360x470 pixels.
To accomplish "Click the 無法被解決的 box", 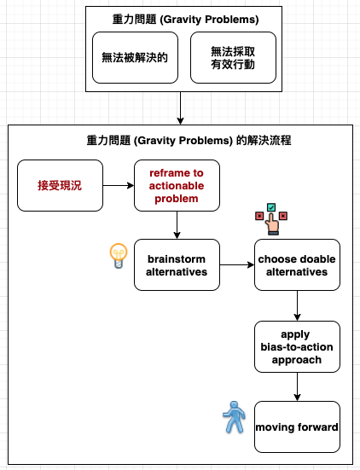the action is (135, 57).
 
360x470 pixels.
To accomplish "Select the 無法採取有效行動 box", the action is (233, 57).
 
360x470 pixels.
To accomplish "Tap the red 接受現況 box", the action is (60, 186).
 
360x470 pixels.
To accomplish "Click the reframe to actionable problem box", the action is (177, 186).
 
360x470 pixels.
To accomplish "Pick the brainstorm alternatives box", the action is (177, 265).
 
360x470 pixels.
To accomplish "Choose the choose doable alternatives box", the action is (297, 265).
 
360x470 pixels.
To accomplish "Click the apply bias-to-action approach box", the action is (297, 347).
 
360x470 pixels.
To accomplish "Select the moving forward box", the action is (297, 426).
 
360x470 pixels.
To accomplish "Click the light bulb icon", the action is (119, 256).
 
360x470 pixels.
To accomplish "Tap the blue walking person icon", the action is (234, 417).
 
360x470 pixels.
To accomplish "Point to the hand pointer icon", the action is (272, 223).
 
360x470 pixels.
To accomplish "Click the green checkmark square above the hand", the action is (271, 207).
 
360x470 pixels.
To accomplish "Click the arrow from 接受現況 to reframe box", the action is (119, 186).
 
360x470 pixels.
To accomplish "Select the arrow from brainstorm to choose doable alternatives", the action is (237, 265).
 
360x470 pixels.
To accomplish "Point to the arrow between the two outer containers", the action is (180, 108).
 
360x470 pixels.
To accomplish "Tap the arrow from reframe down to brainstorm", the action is (177, 225).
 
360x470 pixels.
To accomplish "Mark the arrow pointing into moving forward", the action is (297, 386).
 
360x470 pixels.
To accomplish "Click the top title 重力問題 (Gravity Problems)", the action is (186, 20).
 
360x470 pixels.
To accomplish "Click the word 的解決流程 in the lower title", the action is (264, 140).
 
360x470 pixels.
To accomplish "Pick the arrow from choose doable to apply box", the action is (297, 305).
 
